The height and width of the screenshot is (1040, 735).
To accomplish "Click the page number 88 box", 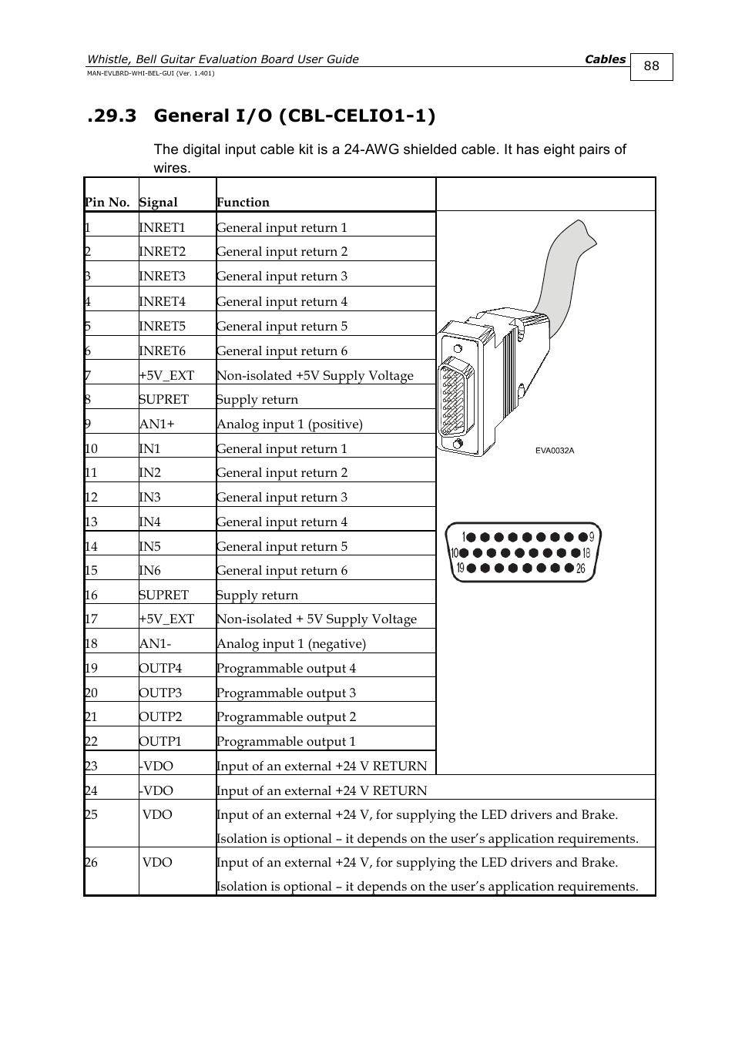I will [x=651, y=66].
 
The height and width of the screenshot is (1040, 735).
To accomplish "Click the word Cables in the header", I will [x=605, y=59].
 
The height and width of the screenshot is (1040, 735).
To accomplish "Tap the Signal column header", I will [x=158, y=203].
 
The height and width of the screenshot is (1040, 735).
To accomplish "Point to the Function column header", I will [x=243, y=203].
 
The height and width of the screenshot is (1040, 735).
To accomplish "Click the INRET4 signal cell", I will [x=162, y=301].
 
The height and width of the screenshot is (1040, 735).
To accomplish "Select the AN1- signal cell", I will [x=155, y=643].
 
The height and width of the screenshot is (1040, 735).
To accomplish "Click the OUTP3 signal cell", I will [x=160, y=693].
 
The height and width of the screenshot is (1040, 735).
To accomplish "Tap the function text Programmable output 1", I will [x=286, y=741].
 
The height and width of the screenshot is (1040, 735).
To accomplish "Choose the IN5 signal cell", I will [x=149, y=546].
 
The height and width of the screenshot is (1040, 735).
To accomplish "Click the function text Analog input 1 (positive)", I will [x=289, y=424].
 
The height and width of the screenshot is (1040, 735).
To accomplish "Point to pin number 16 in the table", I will [x=91, y=595].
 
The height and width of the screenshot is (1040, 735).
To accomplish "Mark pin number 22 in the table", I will [x=91, y=741].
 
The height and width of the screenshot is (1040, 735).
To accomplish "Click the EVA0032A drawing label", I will [x=555, y=451].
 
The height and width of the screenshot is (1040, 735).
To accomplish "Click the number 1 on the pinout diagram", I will [x=464, y=537].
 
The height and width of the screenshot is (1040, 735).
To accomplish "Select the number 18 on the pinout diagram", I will [x=587, y=552].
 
